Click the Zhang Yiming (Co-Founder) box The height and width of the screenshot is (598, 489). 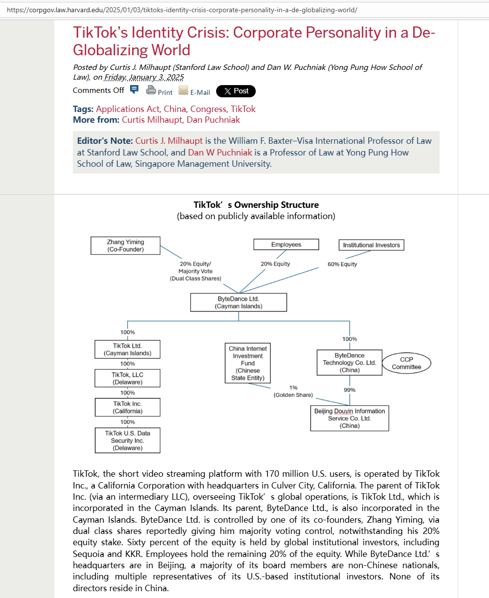pos(126,245)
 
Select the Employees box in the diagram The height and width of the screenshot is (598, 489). pos(286,244)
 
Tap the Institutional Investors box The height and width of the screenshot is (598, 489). pos(371,245)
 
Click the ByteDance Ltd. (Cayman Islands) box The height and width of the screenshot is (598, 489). pos(238,303)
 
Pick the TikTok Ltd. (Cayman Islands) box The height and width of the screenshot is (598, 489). pos(127,349)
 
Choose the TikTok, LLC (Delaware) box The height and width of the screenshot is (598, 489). pos(127,378)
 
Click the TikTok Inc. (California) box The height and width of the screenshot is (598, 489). pos(127,407)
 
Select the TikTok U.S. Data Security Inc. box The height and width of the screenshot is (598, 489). pos(127,441)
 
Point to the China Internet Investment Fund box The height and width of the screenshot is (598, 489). pos(247,363)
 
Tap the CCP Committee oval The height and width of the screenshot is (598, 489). pos(406,363)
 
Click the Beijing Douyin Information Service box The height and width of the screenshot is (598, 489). pos(350,418)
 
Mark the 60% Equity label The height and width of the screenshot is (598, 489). pos(342,264)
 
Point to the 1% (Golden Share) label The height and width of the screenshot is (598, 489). pos(293,391)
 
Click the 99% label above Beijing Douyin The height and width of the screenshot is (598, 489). pos(350,390)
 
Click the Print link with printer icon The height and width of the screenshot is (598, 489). pos(159,91)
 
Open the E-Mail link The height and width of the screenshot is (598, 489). pos(195,91)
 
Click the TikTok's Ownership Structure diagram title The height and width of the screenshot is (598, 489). pos(256,205)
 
